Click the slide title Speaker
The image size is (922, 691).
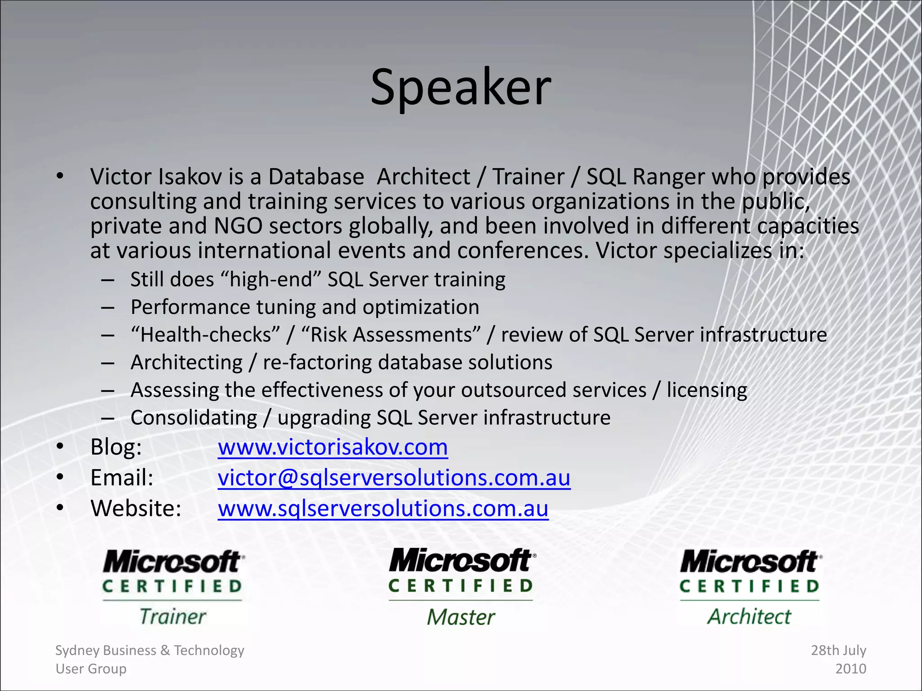[x=461, y=88]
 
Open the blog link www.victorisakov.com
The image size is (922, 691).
[x=333, y=448]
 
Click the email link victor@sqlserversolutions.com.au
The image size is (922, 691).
[x=394, y=478]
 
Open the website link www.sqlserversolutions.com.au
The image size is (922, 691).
[x=383, y=509]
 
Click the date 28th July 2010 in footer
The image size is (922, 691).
[x=839, y=660]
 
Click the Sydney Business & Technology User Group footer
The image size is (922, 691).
[x=149, y=660]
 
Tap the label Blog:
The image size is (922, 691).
[x=116, y=448]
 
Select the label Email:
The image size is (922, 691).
[x=122, y=478]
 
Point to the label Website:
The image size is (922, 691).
[x=136, y=509]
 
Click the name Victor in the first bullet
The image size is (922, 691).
[x=120, y=177]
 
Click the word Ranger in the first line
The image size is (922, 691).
[x=668, y=177]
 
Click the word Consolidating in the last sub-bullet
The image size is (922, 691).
[x=194, y=418]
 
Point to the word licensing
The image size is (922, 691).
[x=707, y=390]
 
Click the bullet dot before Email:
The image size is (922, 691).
[x=60, y=477]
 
